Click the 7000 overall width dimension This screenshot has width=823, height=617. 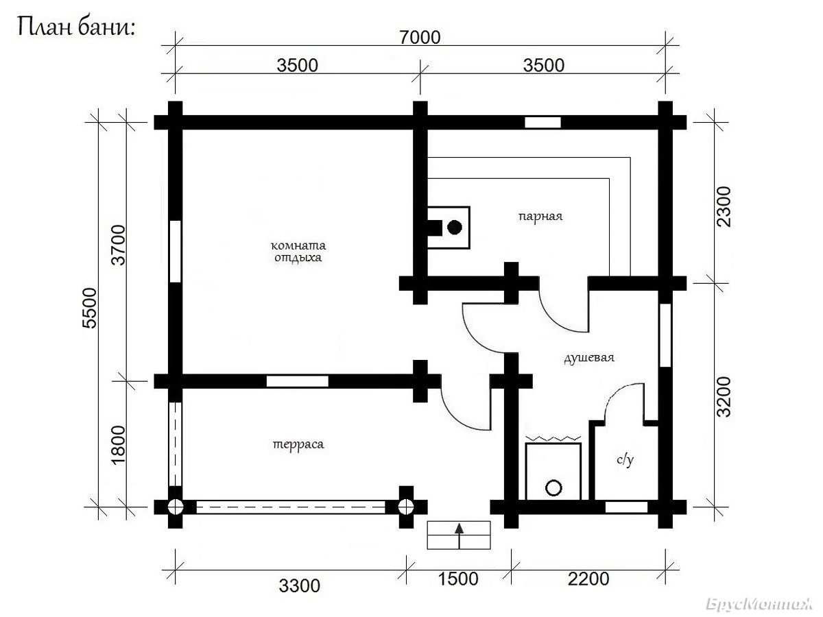420,37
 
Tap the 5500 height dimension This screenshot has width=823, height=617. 90,308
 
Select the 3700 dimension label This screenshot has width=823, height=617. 119,245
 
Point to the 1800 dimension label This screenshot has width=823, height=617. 119,445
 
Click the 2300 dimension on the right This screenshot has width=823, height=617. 724,206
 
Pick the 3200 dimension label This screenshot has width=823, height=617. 724,397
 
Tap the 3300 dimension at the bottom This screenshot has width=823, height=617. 299,586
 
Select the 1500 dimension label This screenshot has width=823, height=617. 458,579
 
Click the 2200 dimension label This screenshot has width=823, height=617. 588,579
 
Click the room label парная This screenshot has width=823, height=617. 540,217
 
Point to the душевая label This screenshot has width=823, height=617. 589,358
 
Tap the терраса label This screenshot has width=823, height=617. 298,445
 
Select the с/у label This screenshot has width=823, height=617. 625,459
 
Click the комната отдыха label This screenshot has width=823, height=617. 298,252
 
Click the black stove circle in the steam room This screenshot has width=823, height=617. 455,227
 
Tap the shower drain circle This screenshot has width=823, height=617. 553,488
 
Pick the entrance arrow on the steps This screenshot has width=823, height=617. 459,536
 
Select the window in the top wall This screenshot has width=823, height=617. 542,123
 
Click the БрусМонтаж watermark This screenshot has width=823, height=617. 759,604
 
